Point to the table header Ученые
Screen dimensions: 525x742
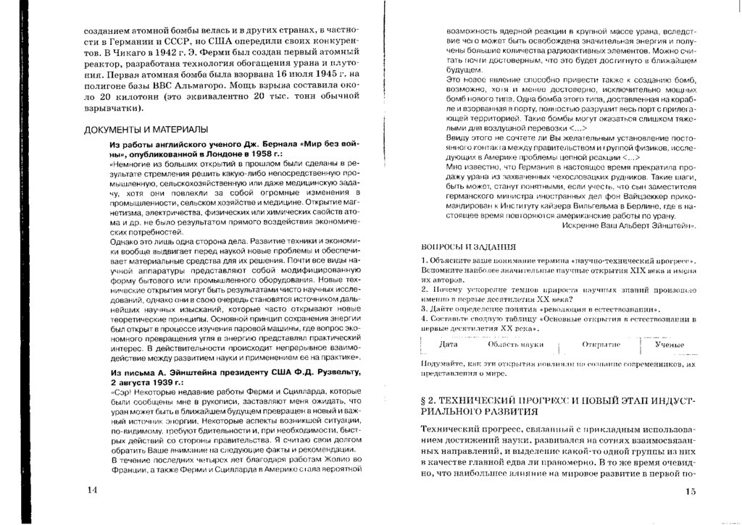pos(670,345)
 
